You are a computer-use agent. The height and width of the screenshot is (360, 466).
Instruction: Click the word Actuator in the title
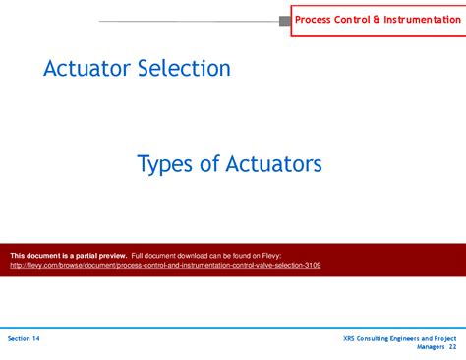coord(87,68)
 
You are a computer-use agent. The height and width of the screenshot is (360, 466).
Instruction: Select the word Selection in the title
coord(184,68)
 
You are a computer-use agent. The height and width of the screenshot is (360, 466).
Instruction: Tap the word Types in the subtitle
coord(164,164)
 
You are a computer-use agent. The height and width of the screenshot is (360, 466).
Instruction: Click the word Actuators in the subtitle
coord(273,164)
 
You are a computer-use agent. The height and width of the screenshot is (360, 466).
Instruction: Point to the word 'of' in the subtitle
coord(209,163)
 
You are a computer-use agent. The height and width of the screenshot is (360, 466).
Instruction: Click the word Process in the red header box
coord(313,20)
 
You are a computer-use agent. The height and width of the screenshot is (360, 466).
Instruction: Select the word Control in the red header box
coord(352,20)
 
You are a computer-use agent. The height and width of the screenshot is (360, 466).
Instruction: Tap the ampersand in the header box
coord(377,20)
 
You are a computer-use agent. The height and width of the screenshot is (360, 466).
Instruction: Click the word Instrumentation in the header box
coord(422,20)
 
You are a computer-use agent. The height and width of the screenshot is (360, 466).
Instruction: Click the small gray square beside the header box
coord(285,21)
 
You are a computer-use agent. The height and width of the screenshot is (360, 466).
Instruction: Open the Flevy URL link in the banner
coord(165,265)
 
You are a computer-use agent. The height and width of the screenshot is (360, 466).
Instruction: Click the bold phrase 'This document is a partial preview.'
coord(69,256)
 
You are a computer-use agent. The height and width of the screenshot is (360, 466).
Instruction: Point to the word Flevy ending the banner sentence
coord(271,256)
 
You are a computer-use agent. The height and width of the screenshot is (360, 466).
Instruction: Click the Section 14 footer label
coord(24,338)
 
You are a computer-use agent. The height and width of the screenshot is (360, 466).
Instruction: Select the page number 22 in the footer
coord(452,347)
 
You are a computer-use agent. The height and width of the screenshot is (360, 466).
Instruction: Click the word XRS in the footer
coord(349,338)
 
